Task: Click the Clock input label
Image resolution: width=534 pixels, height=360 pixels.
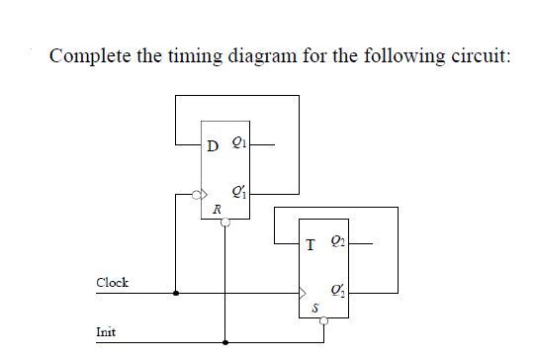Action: click(112, 282)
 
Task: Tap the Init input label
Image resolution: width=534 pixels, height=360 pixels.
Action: click(106, 331)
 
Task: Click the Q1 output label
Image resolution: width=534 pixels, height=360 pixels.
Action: click(237, 145)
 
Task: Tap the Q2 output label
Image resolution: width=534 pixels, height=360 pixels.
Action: click(338, 240)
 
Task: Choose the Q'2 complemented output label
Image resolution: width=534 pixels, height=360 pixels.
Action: click(338, 288)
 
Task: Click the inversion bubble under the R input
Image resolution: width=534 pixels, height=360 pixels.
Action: click(225, 224)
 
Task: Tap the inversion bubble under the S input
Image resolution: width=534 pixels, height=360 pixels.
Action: click(324, 320)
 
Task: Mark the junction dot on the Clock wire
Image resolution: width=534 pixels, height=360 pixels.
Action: click(176, 294)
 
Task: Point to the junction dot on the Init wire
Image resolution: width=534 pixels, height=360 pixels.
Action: click(225, 343)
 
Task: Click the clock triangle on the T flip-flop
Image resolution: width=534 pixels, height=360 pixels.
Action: click(304, 294)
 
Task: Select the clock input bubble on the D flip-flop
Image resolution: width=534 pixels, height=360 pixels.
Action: click(197, 195)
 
